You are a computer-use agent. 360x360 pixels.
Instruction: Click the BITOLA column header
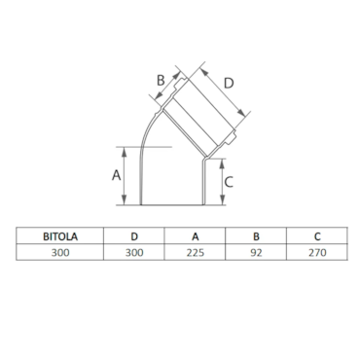point(60,236)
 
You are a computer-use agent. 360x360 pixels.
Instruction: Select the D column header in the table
point(134,236)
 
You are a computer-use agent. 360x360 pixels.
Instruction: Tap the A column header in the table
point(195,236)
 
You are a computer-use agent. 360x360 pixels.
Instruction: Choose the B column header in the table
point(256,236)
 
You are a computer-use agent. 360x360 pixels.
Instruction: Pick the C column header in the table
point(317,236)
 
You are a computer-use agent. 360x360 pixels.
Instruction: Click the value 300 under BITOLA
point(60,252)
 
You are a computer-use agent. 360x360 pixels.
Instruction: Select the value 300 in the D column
point(134,252)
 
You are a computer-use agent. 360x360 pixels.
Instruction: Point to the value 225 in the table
point(196,252)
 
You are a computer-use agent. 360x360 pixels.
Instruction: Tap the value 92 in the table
point(256,252)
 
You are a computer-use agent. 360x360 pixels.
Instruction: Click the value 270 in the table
point(317,252)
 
